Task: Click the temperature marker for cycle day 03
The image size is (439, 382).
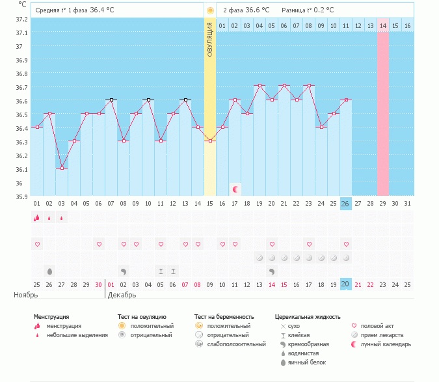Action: (62, 168)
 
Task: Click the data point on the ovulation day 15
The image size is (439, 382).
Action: (210, 141)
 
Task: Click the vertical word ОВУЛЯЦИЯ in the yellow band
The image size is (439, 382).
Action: (210, 40)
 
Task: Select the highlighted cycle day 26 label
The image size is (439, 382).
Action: (346, 204)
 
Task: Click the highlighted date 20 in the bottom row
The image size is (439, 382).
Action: (346, 284)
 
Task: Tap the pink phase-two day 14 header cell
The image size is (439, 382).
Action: (383, 25)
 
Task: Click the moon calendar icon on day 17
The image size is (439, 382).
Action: (235, 189)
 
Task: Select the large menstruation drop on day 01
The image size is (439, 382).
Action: (37, 218)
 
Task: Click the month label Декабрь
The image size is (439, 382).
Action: (122, 295)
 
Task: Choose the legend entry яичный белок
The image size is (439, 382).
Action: (306, 362)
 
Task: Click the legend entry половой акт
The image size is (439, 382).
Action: (380, 325)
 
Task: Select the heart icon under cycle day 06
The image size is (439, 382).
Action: (99, 244)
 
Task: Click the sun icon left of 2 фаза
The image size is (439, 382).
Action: (210, 10)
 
